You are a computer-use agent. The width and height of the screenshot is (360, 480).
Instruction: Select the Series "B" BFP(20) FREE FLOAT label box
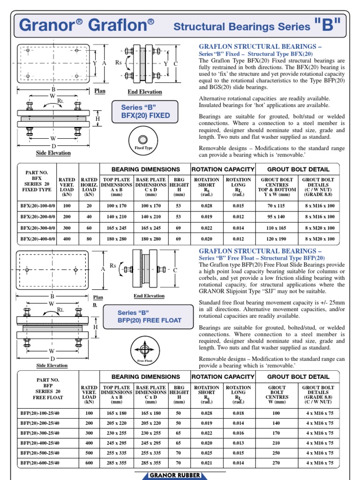[150, 316]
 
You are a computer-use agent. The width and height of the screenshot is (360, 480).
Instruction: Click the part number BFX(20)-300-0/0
[37, 228]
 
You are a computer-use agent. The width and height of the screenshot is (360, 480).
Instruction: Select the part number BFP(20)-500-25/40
[40, 453]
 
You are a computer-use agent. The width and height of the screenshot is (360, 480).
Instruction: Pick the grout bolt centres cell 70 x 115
[277, 205]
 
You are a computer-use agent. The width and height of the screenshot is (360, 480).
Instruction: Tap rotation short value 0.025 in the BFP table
[206, 453]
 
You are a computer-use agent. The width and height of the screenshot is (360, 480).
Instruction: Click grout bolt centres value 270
[276, 463]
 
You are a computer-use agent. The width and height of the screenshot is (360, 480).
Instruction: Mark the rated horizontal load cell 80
[89, 239]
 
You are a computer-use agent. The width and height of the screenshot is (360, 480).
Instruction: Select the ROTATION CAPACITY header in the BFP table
[223, 376]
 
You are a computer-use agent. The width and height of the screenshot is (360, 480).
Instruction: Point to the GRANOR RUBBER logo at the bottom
[175, 475]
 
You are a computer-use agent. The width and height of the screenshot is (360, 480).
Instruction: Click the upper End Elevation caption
[145, 92]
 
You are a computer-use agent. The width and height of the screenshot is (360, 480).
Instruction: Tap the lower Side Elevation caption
[52, 365]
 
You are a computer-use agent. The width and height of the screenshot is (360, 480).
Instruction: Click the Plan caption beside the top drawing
[100, 91]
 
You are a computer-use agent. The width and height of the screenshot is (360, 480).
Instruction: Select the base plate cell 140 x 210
[151, 217]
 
